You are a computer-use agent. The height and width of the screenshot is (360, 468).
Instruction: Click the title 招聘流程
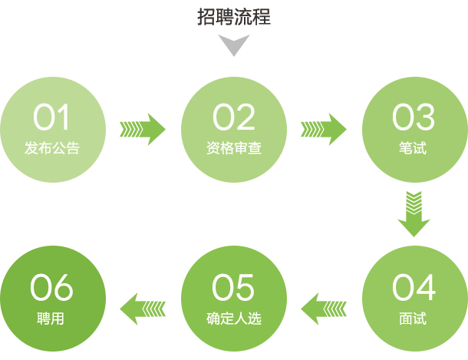(x=234, y=16)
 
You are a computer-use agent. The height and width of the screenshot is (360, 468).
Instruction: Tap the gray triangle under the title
(x=234, y=47)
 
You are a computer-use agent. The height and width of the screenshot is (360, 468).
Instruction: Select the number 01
(x=52, y=117)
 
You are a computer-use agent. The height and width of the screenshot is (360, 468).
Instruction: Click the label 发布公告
(x=52, y=148)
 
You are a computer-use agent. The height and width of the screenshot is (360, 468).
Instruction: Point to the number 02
(x=234, y=117)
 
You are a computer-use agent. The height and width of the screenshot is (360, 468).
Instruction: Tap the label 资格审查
(x=234, y=148)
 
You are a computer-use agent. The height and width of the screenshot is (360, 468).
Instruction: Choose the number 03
(x=414, y=117)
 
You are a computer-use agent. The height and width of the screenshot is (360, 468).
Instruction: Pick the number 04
(x=414, y=288)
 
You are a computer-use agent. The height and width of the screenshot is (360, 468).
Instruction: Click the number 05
(x=234, y=288)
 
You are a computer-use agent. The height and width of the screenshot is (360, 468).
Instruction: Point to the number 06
(x=52, y=288)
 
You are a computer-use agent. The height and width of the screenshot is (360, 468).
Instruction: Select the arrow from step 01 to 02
(x=143, y=128)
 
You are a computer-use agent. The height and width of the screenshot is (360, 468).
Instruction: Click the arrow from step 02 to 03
(x=324, y=128)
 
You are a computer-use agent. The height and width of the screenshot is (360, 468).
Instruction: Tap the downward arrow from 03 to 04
(x=414, y=213)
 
